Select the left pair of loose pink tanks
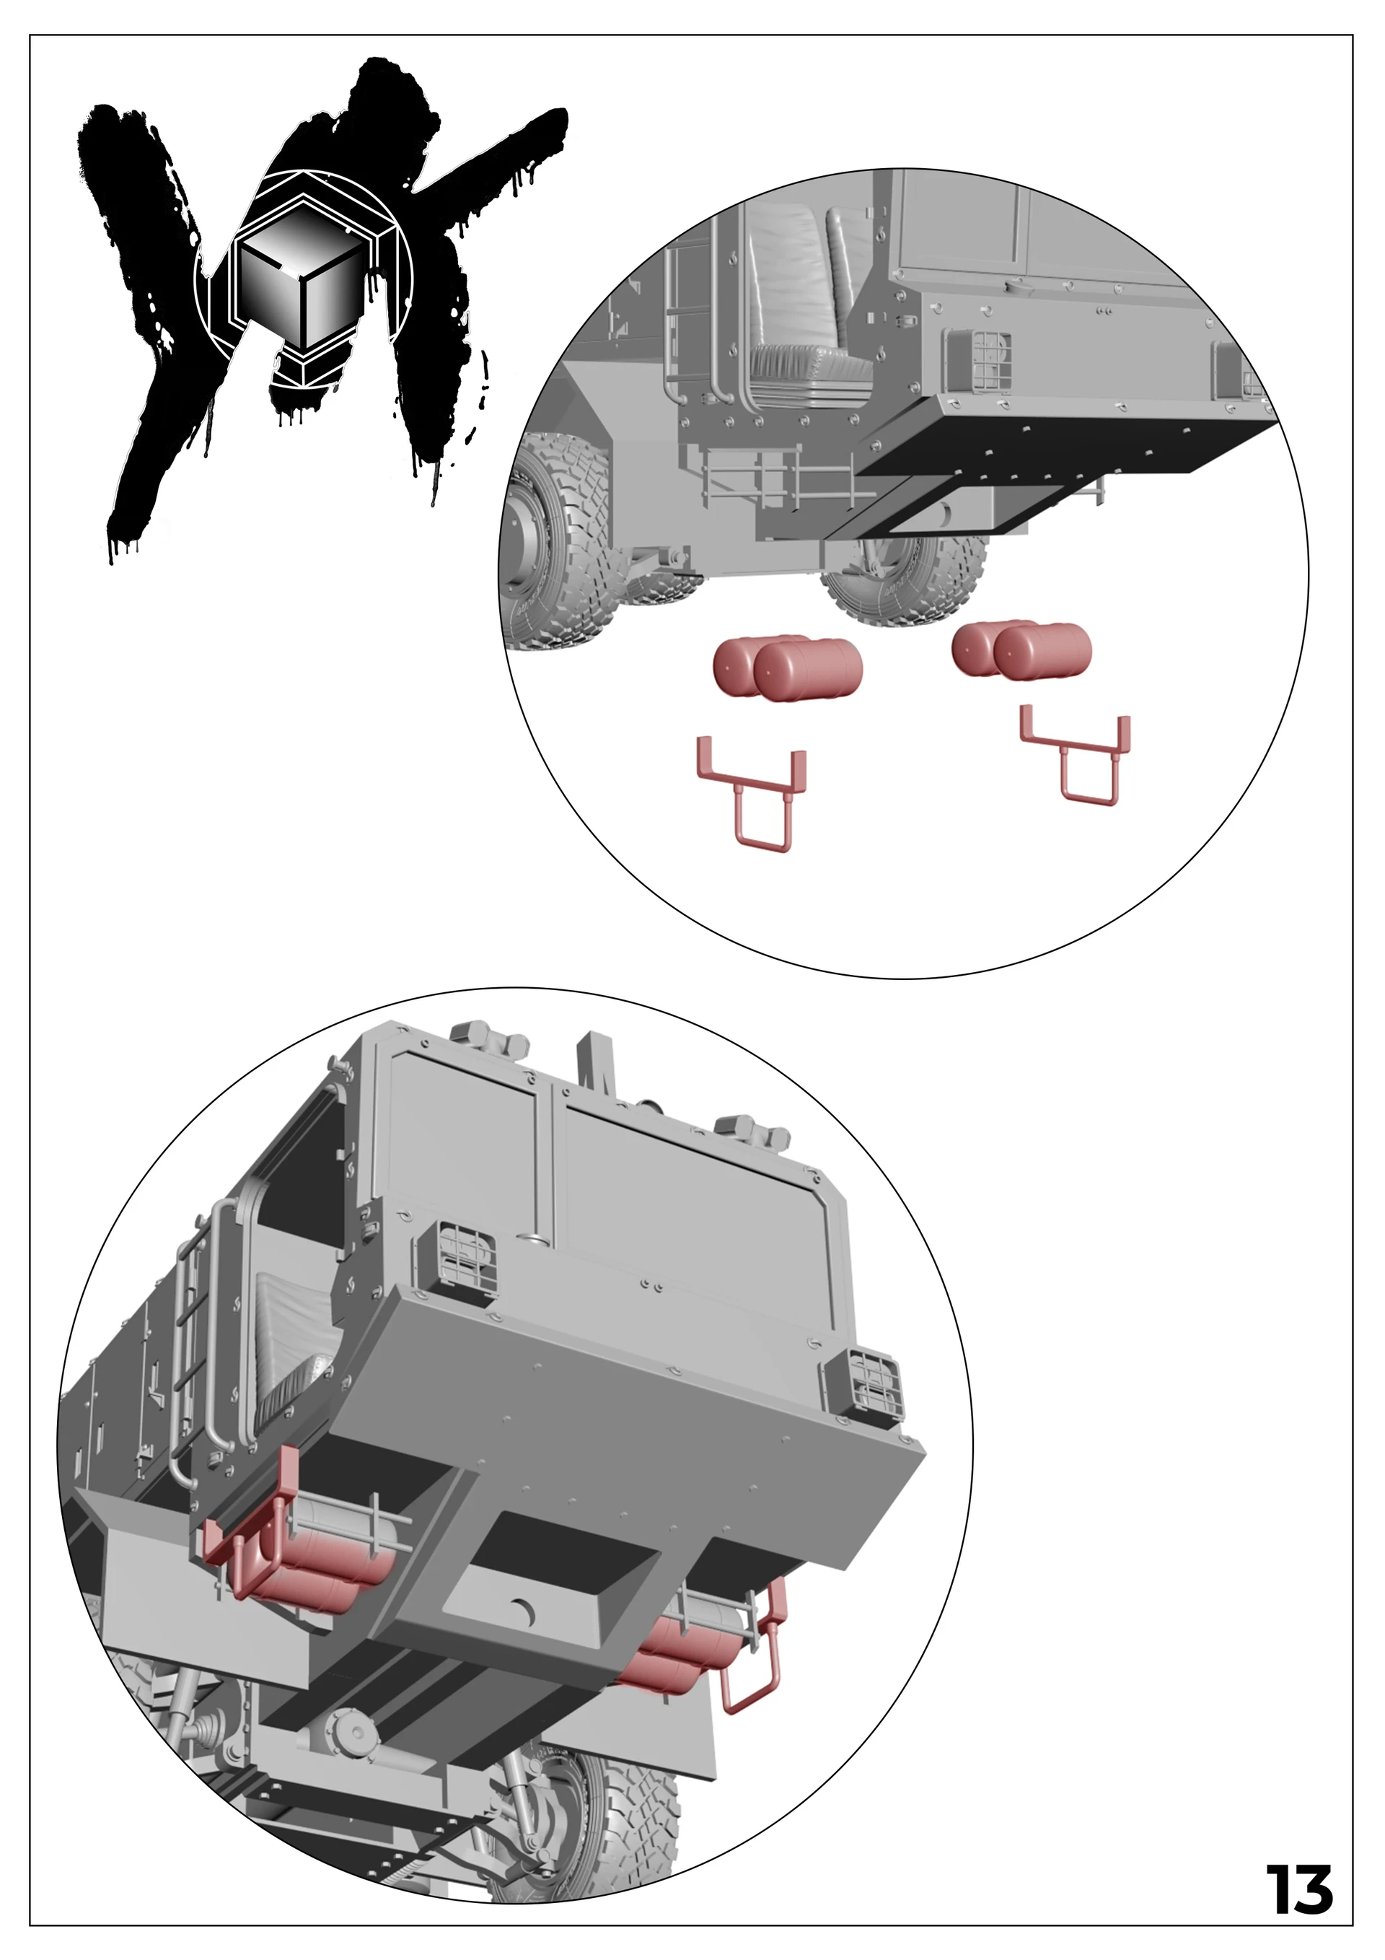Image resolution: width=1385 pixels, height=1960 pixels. pyautogui.click(x=787, y=668)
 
